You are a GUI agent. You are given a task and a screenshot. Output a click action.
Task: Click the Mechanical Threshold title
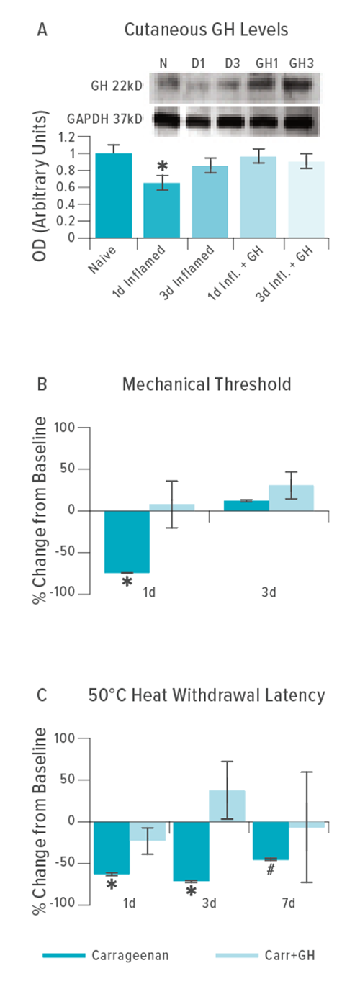tap(207, 384)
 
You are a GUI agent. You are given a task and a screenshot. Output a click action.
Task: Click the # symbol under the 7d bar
tap(270, 869)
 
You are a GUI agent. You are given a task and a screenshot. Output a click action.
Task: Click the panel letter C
tap(42, 695)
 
